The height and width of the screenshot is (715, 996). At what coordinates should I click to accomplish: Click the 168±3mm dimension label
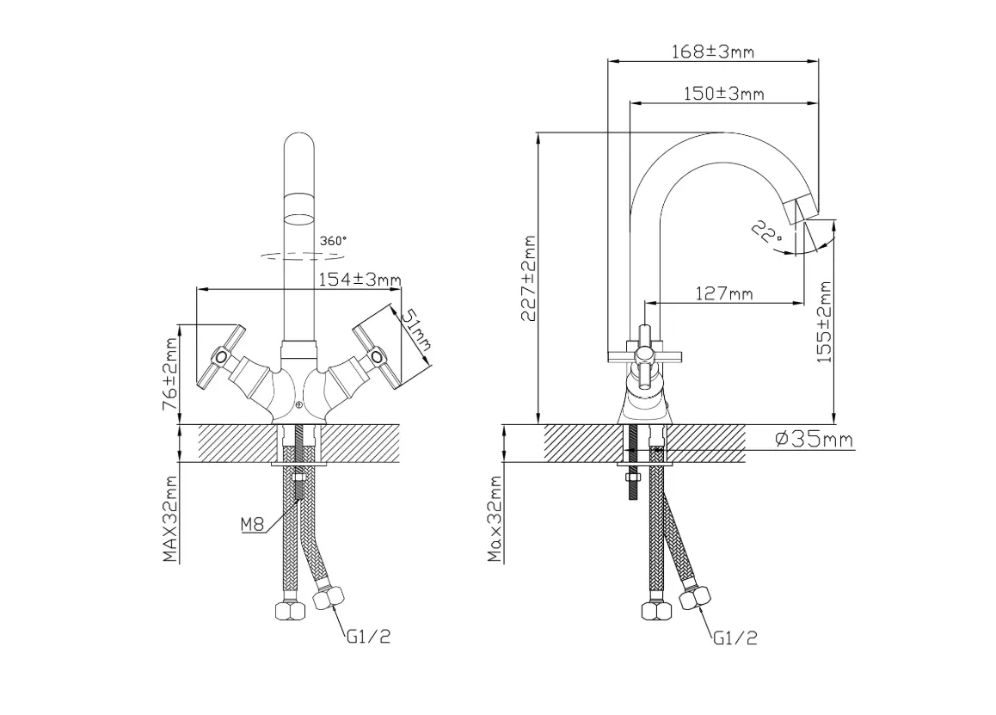(x=713, y=51)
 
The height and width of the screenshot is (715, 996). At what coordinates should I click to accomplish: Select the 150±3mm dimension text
(x=723, y=94)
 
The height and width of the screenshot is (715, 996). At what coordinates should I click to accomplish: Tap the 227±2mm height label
(x=529, y=279)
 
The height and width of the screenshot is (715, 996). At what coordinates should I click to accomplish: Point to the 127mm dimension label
(x=724, y=293)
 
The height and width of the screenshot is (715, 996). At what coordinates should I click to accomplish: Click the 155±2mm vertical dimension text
(x=824, y=323)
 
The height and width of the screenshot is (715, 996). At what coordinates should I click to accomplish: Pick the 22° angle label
(x=767, y=232)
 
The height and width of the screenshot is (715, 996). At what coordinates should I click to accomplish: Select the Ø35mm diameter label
(x=815, y=439)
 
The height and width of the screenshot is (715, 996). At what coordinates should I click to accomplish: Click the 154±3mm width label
(x=360, y=279)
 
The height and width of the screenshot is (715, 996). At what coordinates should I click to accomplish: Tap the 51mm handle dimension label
(x=417, y=330)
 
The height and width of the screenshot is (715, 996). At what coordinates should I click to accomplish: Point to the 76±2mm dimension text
(x=170, y=373)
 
